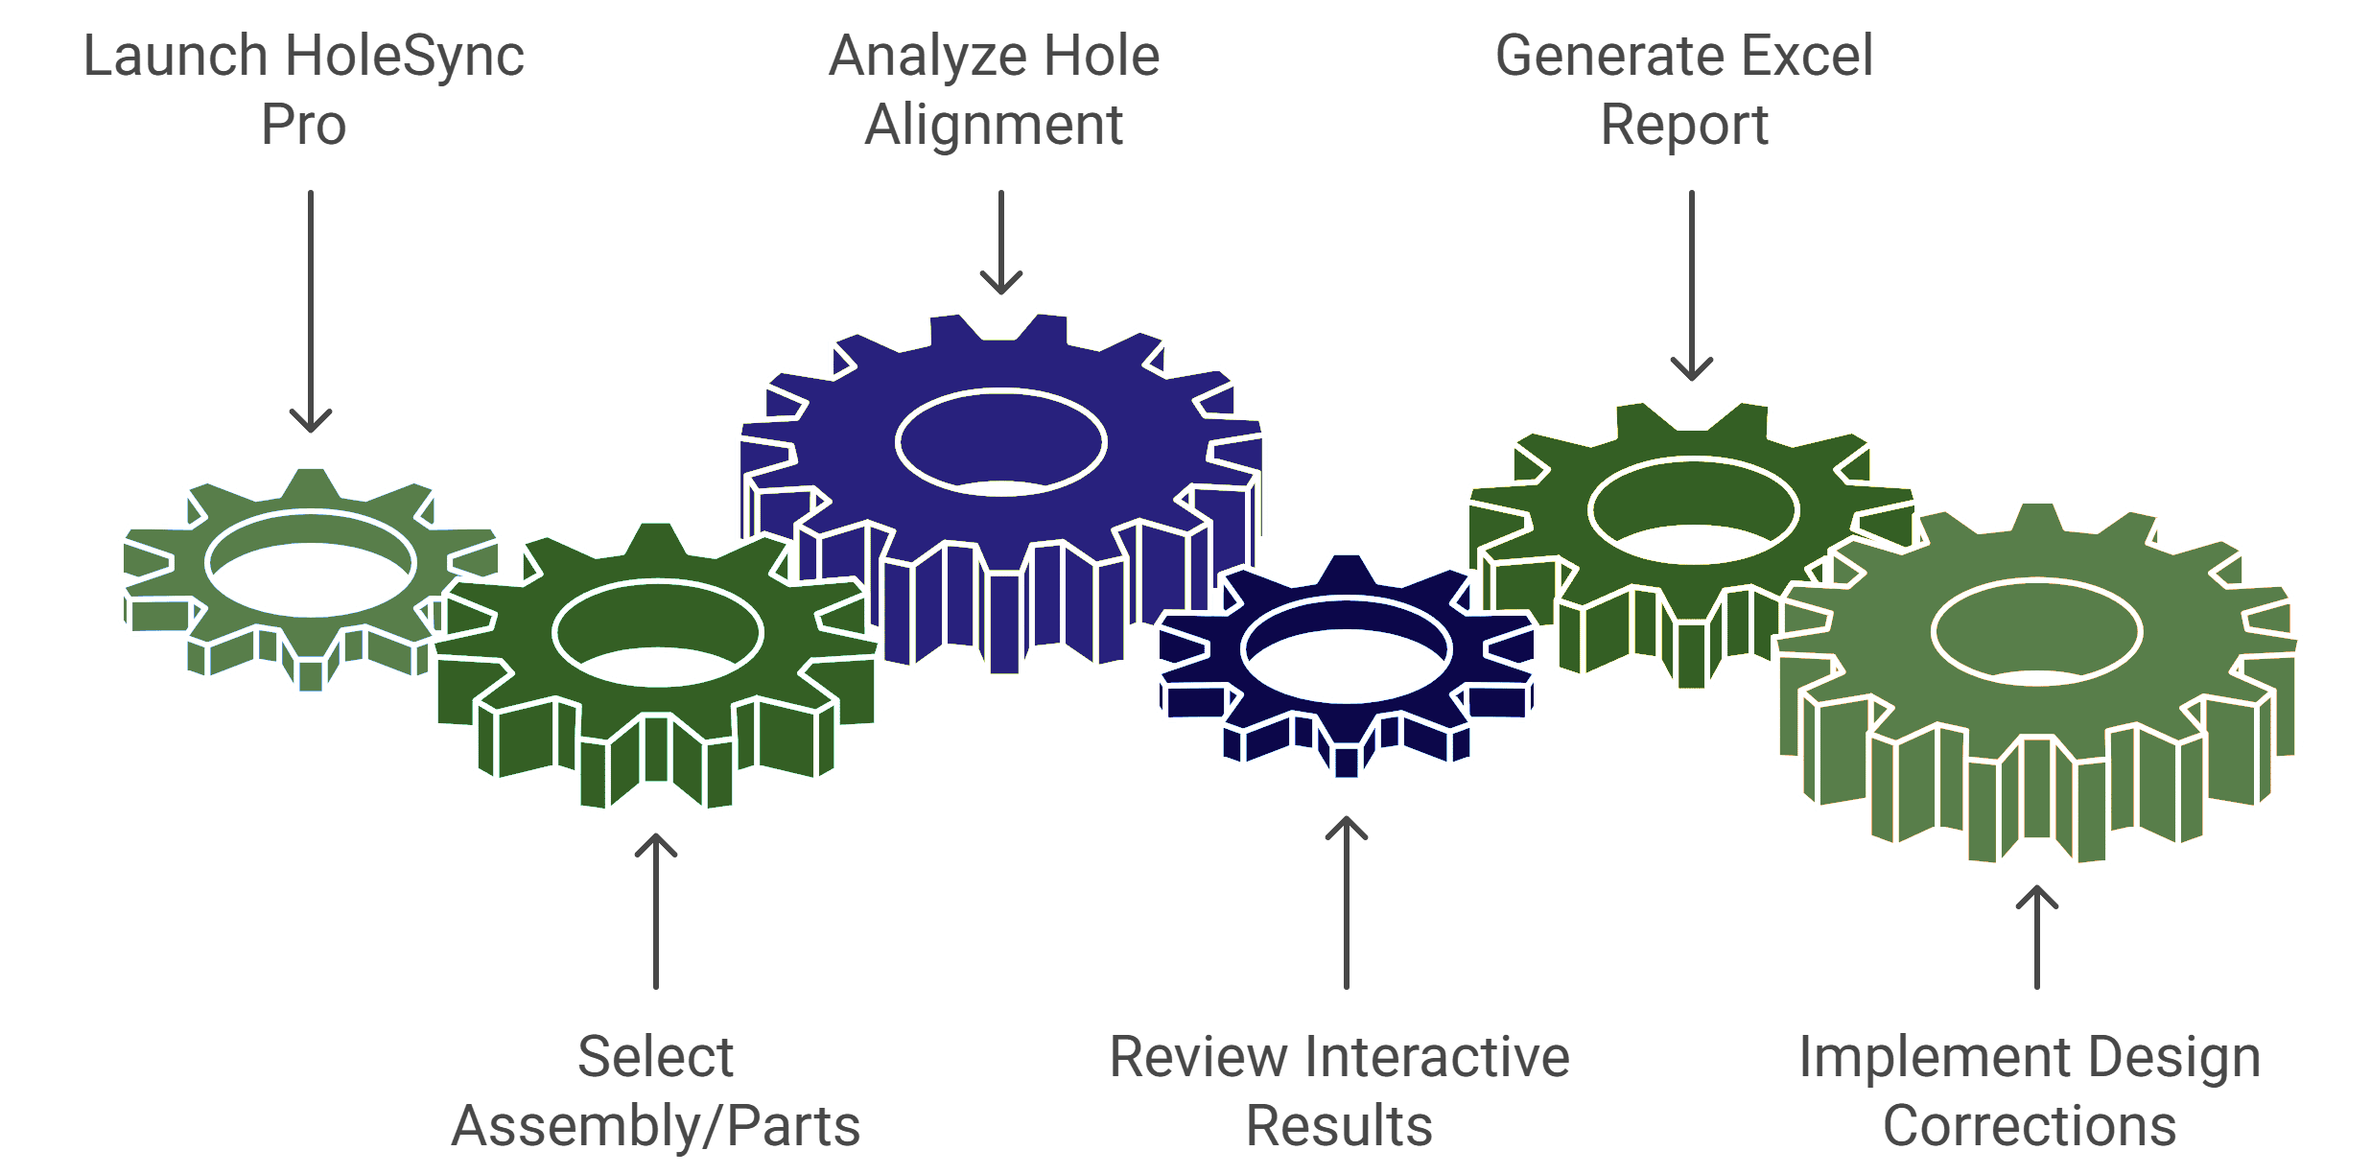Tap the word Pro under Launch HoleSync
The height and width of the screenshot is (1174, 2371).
click(x=303, y=126)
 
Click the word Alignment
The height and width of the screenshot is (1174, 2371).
click(x=994, y=126)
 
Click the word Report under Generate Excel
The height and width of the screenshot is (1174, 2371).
click(x=1684, y=126)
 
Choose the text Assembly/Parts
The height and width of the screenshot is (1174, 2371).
click(x=656, y=1126)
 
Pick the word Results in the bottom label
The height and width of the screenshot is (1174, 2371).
click(x=1339, y=1126)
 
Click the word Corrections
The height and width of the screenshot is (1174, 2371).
click(x=2030, y=1126)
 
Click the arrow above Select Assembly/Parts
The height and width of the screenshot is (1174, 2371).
click(x=656, y=911)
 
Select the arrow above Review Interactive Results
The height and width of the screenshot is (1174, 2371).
click(x=1347, y=902)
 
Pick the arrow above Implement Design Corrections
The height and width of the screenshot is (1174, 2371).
click(x=2037, y=936)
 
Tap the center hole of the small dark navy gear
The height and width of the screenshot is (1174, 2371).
click(x=1347, y=650)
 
